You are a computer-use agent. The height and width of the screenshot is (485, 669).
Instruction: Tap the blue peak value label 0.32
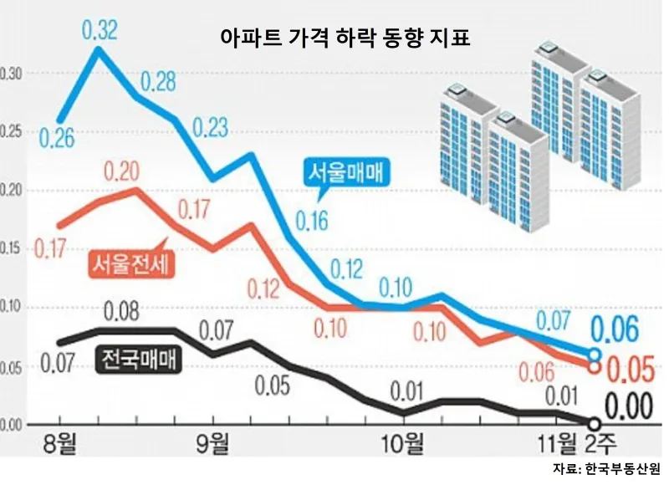[x=100, y=32]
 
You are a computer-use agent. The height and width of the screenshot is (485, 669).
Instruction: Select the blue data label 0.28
[x=160, y=83]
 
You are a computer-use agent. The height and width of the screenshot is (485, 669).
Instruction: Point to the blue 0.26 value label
[x=55, y=138]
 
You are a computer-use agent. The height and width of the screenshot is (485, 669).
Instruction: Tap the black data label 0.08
[x=122, y=314]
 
